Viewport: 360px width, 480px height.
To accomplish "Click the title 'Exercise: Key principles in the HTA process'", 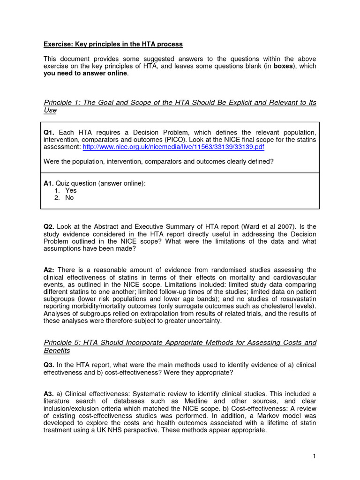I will pyautogui.click(x=113, y=45).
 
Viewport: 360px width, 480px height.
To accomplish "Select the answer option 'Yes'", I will pyautogui.click(x=71, y=190).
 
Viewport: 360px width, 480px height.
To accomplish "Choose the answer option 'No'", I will pyautogui.click(x=69, y=198).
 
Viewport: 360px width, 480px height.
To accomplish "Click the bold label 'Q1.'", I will pyautogui.click(x=49, y=133).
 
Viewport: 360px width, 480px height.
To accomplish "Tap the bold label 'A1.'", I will pyautogui.click(x=49, y=183).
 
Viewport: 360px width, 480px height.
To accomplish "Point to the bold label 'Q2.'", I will pyautogui.click(x=49, y=227).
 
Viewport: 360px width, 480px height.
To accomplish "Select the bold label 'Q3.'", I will pyautogui.click(x=49, y=365).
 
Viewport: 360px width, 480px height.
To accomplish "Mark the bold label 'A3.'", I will pyautogui.click(x=49, y=394).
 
